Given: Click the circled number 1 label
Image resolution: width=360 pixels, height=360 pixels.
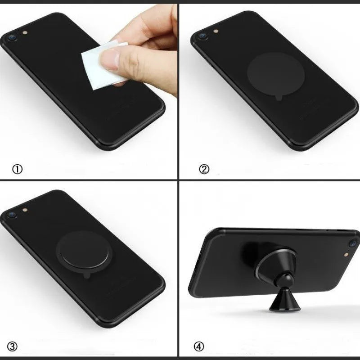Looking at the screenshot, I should click(x=17, y=169).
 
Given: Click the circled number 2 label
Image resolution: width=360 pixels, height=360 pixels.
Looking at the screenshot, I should click(x=204, y=169).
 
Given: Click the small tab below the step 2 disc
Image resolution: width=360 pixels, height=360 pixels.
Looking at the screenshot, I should click(x=280, y=98).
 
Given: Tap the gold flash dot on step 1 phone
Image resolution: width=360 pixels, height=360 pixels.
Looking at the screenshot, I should click(x=25, y=32).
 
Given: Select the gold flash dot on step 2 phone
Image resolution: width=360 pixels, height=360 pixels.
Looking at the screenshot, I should click(x=216, y=31).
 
